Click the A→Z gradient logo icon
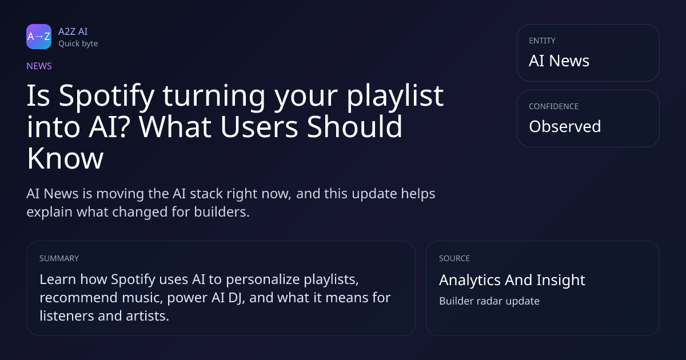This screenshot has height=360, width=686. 39,37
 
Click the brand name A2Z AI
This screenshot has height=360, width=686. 73,31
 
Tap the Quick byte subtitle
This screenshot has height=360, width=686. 78,44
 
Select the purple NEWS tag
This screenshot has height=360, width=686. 39,66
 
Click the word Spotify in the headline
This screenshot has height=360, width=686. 106,96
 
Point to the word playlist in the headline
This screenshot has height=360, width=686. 395,96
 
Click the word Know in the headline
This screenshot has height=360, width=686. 65,158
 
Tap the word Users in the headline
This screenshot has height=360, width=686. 259,127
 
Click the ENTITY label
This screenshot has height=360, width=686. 542,41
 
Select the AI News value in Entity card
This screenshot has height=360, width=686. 559,61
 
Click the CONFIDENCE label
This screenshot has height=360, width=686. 554,106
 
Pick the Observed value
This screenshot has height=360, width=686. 565,126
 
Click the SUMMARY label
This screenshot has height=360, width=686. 59,258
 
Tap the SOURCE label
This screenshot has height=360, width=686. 454,258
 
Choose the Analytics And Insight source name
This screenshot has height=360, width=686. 512,280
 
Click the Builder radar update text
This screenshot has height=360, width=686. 489,301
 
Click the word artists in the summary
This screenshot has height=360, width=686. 147,316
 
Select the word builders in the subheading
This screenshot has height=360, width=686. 222,212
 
